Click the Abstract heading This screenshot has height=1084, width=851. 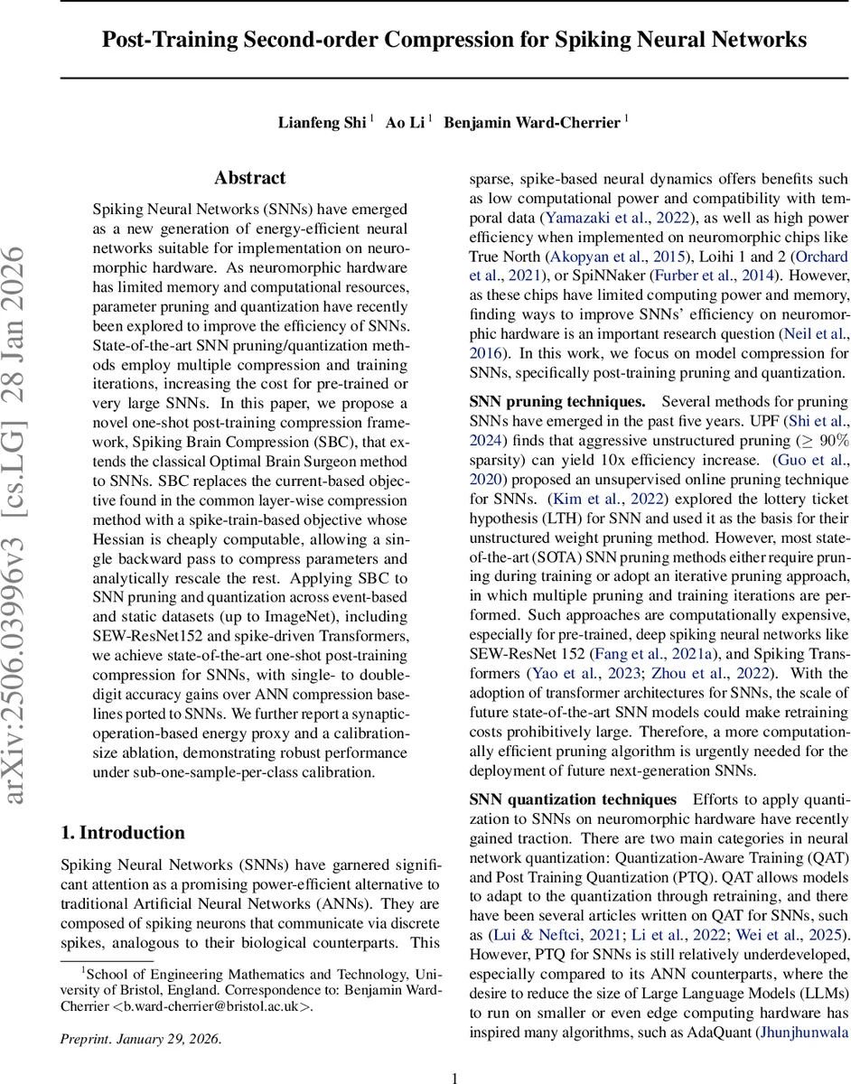(x=250, y=178)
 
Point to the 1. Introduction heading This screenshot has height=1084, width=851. (x=123, y=833)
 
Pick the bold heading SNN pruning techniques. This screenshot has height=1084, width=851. (x=557, y=400)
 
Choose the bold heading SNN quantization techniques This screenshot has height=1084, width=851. (x=573, y=799)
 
